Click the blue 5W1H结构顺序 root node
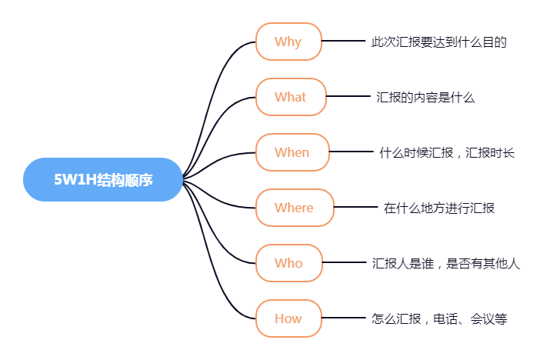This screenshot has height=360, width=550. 103,180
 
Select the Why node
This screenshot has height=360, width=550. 288,42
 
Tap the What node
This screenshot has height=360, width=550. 291,97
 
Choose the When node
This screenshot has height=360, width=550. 292,152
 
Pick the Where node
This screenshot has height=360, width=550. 295,208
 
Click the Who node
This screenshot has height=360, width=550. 288,263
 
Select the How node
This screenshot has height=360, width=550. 288,318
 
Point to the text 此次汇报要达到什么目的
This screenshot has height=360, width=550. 438,42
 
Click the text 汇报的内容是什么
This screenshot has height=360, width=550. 425,98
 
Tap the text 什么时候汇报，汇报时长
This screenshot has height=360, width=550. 447,153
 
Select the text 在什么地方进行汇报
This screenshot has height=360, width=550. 438,208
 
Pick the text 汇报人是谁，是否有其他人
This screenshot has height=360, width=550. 446,264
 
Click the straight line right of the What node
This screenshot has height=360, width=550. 348,97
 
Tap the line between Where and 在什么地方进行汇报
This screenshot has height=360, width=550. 355,208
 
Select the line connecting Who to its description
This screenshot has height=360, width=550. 343,263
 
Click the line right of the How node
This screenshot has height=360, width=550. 343,318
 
